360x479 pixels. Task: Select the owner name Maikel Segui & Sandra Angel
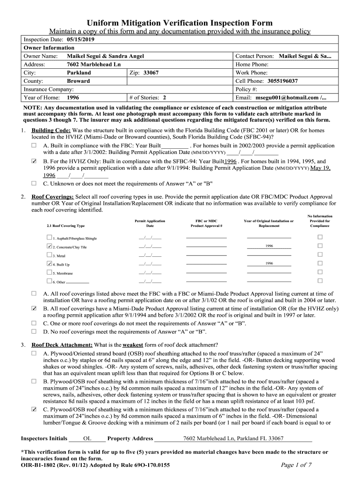coord(105,56)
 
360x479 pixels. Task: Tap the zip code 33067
coord(151,73)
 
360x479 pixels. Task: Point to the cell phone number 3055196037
coord(283,81)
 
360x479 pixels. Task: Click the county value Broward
coord(78,81)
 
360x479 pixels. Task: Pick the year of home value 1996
coord(72,98)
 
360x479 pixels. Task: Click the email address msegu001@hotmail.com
coord(287,98)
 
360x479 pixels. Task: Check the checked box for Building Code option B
coord(34,161)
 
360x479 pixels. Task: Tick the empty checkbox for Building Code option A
coord(34,145)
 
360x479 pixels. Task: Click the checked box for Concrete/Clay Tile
coord(50,246)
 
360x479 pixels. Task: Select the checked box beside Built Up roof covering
coord(50,263)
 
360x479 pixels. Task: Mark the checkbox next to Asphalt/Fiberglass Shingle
coord(50,237)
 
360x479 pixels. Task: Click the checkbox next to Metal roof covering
coord(50,255)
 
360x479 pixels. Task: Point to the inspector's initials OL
coord(87,438)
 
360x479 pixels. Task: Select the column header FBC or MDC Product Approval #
coord(206,223)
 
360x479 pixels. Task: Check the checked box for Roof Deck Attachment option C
coord(34,409)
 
